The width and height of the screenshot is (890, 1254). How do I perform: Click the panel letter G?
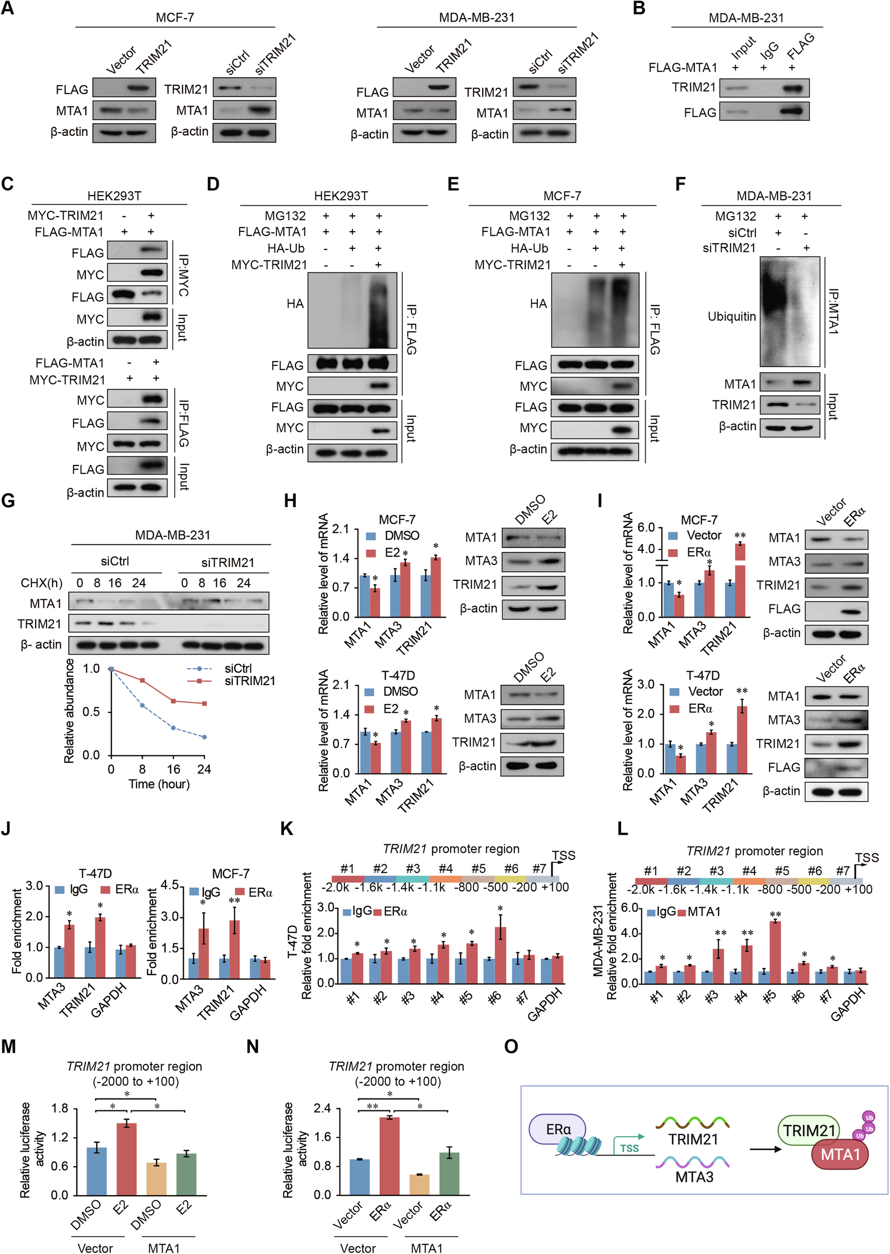click(x=8, y=501)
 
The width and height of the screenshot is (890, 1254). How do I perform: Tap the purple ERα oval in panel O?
click(x=557, y=1129)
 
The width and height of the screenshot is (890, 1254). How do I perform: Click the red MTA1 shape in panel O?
click(x=840, y=1154)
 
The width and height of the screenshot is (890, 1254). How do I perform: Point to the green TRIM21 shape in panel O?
click(x=808, y=1130)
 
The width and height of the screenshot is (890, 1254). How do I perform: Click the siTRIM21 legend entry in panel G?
click(x=249, y=681)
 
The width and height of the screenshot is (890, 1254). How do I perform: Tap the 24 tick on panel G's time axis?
click(x=204, y=769)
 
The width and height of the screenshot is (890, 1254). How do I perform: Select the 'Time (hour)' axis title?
click(x=159, y=784)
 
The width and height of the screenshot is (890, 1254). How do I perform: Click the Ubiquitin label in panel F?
click(x=731, y=316)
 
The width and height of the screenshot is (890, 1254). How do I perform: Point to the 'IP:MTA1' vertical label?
click(x=833, y=311)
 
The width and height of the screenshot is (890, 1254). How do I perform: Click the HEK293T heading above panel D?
click(x=340, y=196)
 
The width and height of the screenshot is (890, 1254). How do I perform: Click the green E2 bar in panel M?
click(x=186, y=1174)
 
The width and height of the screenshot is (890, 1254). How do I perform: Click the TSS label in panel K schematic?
click(x=563, y=855)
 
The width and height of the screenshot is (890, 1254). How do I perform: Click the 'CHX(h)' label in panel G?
click(x=41, y=582)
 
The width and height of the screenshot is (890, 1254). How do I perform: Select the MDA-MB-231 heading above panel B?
click(x=746, y=18)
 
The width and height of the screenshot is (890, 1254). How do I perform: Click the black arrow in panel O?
click(x=765, y=1149)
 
